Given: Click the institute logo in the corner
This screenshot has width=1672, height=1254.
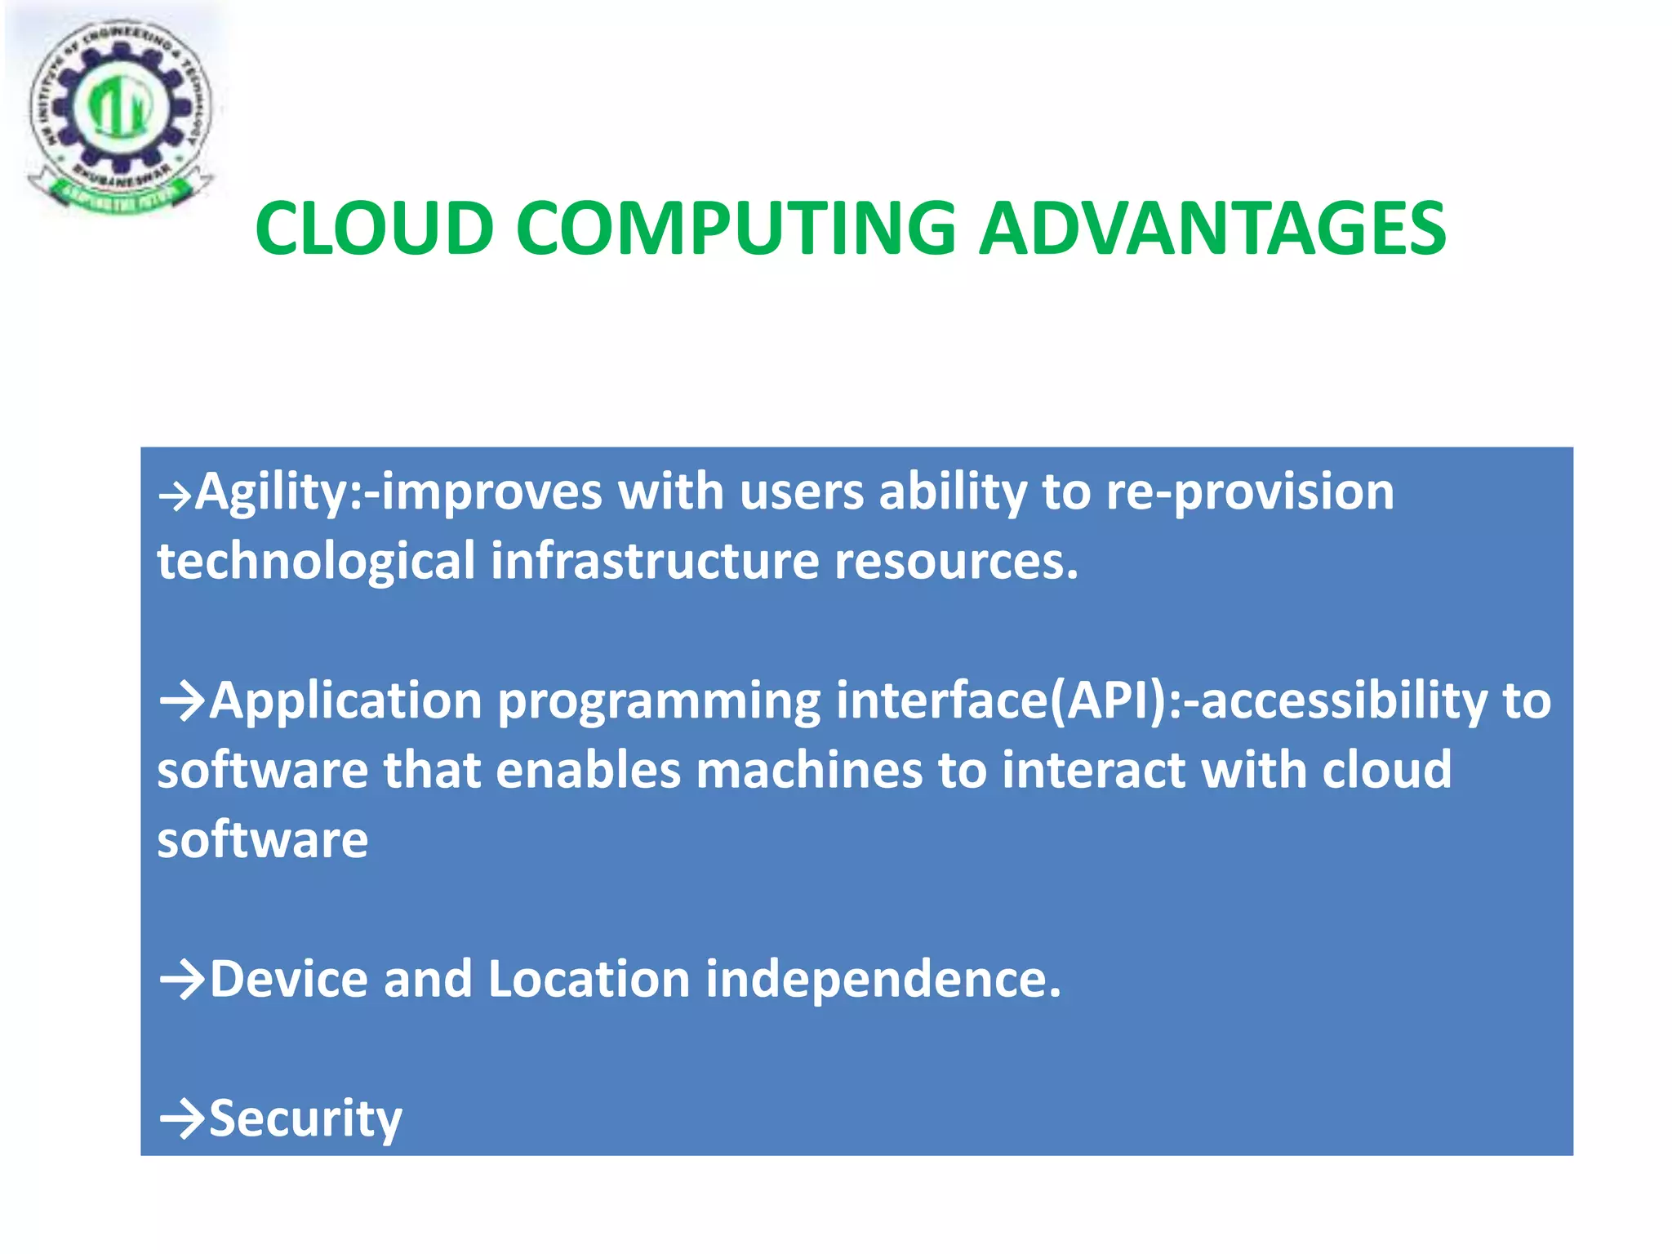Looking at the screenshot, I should [120, 114].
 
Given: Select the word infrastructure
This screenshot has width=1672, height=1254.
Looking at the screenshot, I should [655, 562].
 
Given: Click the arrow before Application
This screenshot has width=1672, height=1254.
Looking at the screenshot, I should [182, 700].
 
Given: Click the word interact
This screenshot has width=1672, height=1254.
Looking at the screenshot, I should [1093, 771].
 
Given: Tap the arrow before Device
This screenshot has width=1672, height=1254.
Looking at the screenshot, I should [182, 979].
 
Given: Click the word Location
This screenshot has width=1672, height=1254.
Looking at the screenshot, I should [589, 979].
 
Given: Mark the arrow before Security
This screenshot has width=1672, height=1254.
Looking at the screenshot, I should [182, 1118].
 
